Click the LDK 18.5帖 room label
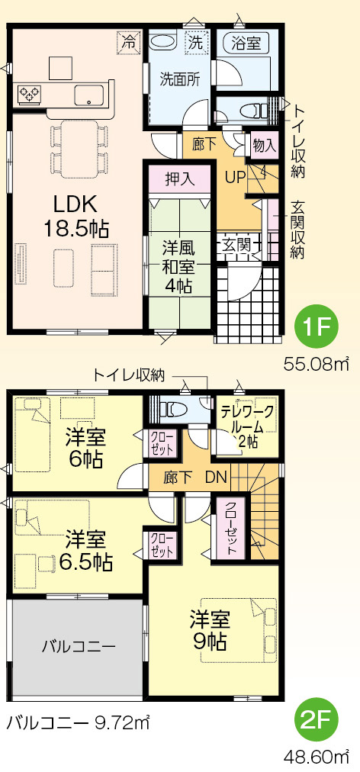pyautogui.click(x=77, y=216)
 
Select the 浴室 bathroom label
pyautogui.click(x=246, y=43)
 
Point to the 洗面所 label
pyautogui.click(x=179, y=79)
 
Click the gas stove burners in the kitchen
pyautogui.click(x=29, y=93)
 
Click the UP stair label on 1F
pyautogui.click(x=235, y=177)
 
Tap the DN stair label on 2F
pyautogui.click(x=215, y=478)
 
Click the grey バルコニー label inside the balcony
pyautogui.click(x=79, y=646)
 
